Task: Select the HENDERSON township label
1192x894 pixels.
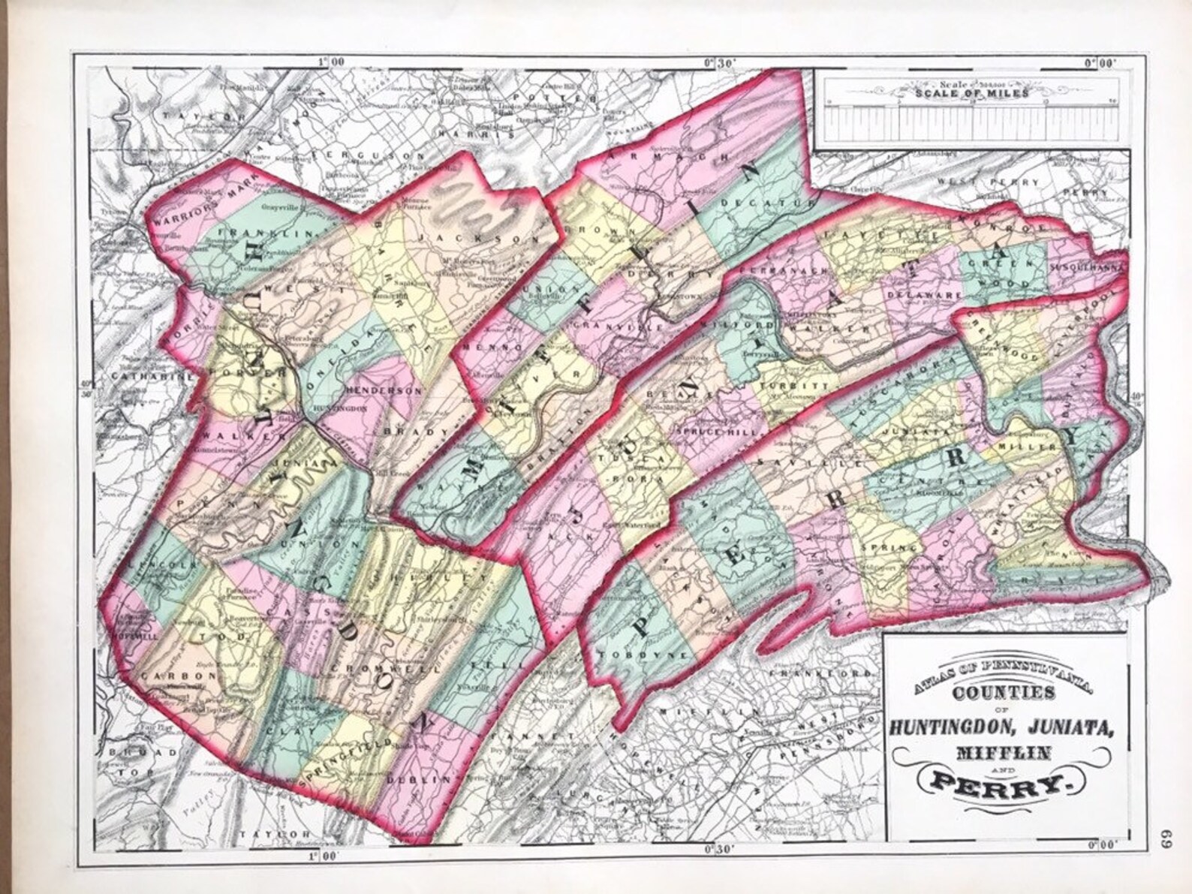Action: pos(384,391)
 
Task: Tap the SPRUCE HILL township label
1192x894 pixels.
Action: pos(719,432)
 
